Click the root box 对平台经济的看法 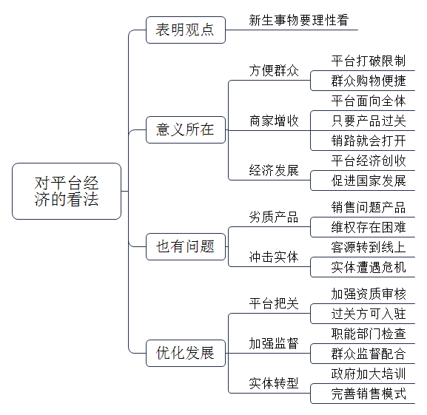tap(67, 191)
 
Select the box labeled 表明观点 tap(186, 30)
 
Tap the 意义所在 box tap(186, 129)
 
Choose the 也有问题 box tap(186, 246)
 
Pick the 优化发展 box tap(186, 353)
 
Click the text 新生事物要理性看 tap(299, 21)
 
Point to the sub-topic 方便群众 tap(274, 71)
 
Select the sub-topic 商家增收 tap(274, 121)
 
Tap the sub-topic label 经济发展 tap(274, 171)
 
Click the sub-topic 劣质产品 tap(274, 217)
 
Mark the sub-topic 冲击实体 tap(274, 257)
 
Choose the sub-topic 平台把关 tap(274, 304)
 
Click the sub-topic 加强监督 tap(274, 344)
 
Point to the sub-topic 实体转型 tap(274, 383)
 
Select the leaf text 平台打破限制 tap(369, 61)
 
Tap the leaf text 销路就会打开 tap(369, 141)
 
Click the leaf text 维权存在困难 tap(369, 227)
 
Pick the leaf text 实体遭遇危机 tap(369, 267)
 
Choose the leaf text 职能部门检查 tap(369, 334)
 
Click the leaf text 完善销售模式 tap(369, 394)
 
